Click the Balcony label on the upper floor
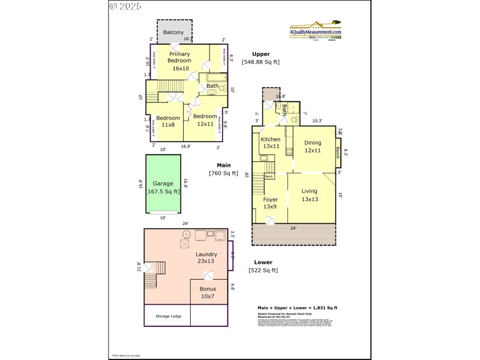(x=173, y=32)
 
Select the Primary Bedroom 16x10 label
(x=179, y=61)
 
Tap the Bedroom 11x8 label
(x=168, y=121)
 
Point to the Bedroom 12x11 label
(x=205, y=120)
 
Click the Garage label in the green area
(x=163, y=187)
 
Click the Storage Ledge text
(x=166, y=316)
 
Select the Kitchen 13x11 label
(x=270, y=143)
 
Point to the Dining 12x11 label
(x=313, y=146)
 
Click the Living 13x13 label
(x=310, y=195)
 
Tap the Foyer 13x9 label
(x=270, y=203)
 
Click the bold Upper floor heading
(x=261, y=54)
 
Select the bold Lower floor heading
(x=263, y=262)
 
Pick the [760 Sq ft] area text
(x=223, y=173)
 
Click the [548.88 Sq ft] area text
(x=260, y=62)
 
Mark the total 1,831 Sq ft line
(x=297, y=308)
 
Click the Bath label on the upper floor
(x=212, y=86)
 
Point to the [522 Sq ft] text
(x=263, y=270)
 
